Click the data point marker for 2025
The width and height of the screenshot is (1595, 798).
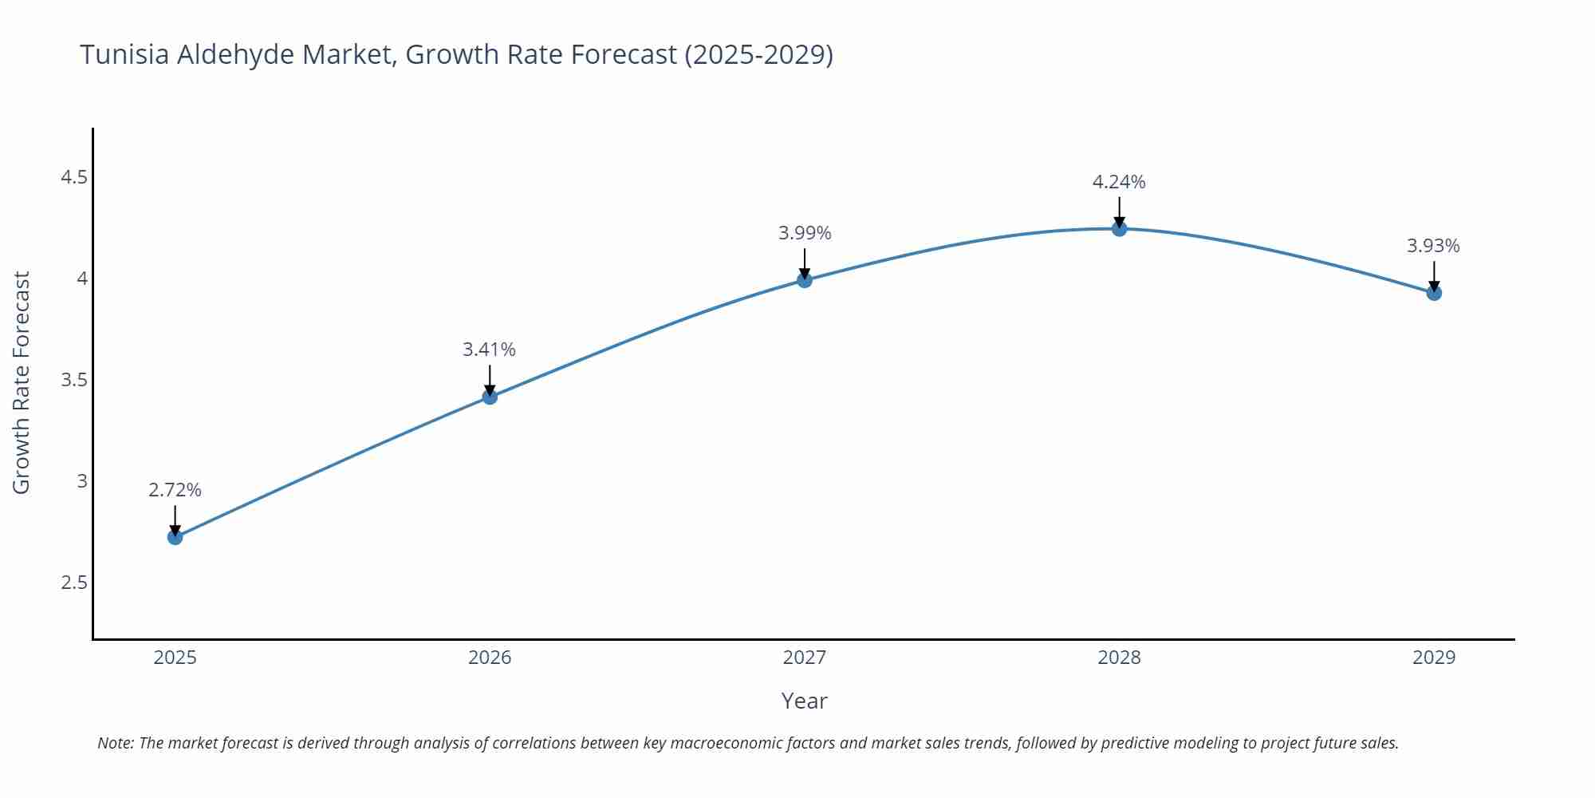point(175,537)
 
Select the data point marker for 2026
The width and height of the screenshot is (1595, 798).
point(490,397)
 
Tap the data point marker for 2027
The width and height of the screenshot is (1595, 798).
point(804,279)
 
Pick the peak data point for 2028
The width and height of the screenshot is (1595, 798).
point(1119,229)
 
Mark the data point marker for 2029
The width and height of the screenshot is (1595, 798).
point(1434,293)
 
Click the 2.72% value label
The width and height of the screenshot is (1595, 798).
point(175,490)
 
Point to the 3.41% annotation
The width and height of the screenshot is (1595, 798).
point(489,350)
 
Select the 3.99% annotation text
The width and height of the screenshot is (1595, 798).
point(804,233)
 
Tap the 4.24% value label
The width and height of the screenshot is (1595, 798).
point(1118,182)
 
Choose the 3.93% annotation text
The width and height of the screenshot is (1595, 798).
point(1433,246)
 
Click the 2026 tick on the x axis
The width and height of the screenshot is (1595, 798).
point(490,658)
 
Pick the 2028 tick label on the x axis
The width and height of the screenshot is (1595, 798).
point(1119,658)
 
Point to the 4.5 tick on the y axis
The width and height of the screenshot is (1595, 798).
point(74,177)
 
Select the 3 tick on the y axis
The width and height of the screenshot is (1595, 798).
point(82,481)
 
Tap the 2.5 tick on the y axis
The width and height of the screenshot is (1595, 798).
point(74,583)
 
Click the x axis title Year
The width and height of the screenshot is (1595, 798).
point(804,701)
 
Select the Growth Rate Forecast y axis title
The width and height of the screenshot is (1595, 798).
point(22,382)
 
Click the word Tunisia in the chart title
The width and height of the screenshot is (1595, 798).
point(124,54)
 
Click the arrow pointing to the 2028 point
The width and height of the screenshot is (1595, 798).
point(1119,211)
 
